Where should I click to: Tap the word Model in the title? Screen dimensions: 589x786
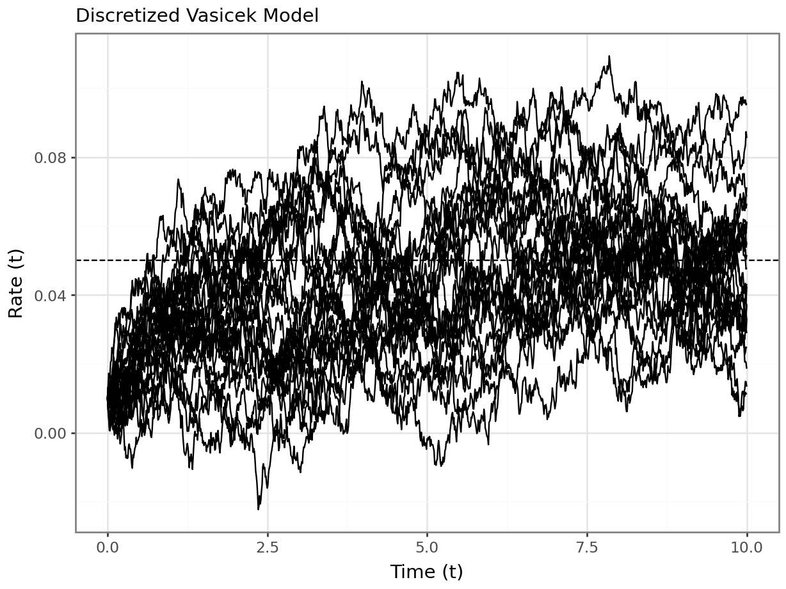(293, 16)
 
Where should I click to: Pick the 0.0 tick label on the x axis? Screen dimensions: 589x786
(108, 547)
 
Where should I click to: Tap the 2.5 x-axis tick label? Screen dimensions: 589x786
(268, 547)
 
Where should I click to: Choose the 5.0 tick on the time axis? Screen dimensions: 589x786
(427, 547)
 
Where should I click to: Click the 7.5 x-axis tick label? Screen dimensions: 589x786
(587, 547)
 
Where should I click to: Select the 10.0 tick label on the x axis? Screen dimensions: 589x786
(746, 547)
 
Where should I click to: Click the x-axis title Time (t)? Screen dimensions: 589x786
(427, 571)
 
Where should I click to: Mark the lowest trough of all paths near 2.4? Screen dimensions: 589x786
(259, 509)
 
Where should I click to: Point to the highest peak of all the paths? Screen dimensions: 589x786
(609, 56)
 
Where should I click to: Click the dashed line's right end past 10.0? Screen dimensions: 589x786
(776, 260)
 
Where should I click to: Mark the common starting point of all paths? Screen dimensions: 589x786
(108, 398)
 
